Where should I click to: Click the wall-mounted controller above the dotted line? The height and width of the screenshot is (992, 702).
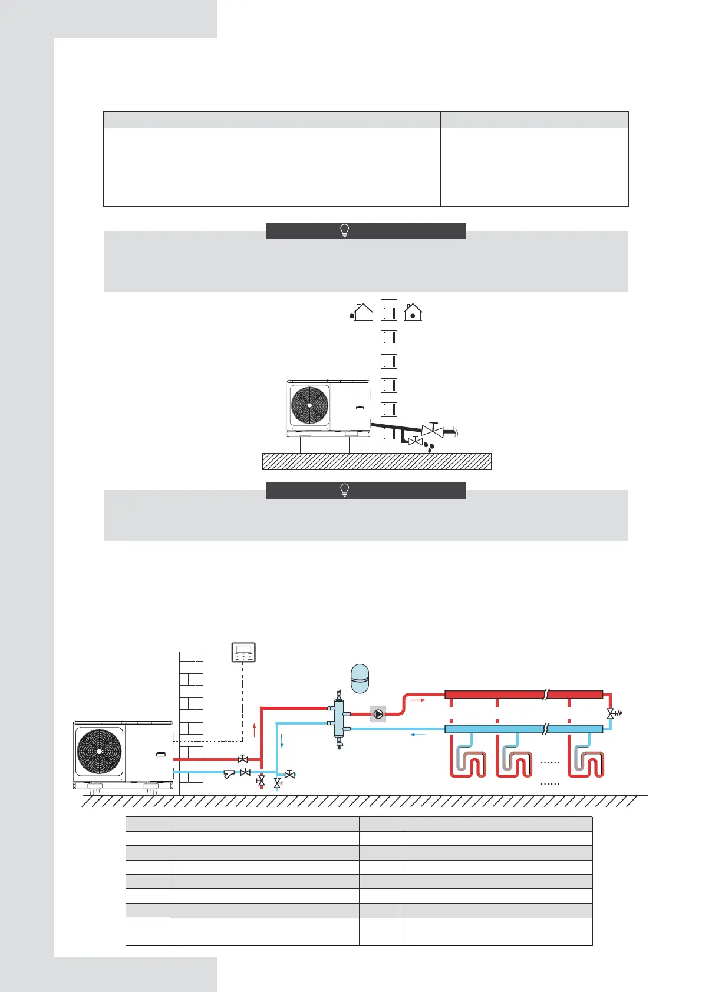(x=243, y=652)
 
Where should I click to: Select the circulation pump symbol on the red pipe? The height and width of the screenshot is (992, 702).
(x=378, y=714)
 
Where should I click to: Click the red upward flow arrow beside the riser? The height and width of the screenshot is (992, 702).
(x=254, y=730)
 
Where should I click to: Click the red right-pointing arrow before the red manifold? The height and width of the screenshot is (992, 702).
(x=417, y=700)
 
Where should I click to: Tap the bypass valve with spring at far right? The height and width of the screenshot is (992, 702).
(x=612, y=713)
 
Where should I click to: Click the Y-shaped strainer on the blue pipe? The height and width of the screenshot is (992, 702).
(x=229, y=774)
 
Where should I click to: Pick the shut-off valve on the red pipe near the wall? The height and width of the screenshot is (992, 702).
(x=242, y=759)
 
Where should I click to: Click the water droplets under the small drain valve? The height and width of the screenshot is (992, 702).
(x=431, y=447)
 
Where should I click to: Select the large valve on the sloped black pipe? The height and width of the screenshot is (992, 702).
(x=433, y=430)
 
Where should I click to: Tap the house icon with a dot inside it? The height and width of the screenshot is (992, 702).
(x=413, y=312)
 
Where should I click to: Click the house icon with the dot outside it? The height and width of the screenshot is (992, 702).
(x=362, y=312)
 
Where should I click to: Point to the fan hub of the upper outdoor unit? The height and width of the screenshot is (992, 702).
(x=309, y=405)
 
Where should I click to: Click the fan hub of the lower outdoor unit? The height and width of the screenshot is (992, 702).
(x=100, y=751)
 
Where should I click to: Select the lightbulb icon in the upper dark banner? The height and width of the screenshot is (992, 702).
(x=345, y=231)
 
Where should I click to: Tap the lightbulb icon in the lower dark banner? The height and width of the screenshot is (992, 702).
(x=345, y=490)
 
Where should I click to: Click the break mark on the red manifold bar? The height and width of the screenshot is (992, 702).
(x=546, y=695)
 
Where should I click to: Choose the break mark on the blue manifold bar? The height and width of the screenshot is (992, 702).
(x=546, y=729)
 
